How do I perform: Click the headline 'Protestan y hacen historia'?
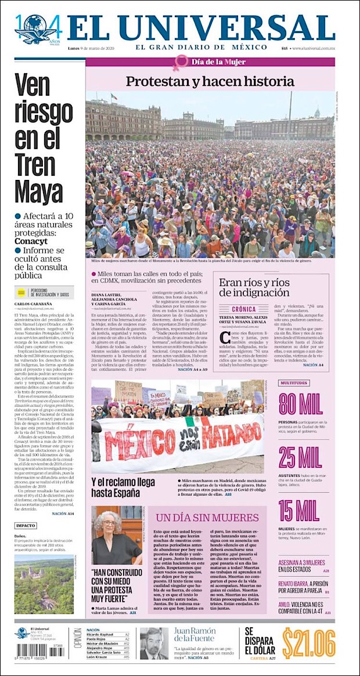point(210,81)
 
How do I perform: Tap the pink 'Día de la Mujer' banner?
point(210,62)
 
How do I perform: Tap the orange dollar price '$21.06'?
point(309,642)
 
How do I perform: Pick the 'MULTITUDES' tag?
point(293,383)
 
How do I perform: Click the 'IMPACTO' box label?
point(26,526)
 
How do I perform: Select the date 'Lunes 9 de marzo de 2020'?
point(94,48)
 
